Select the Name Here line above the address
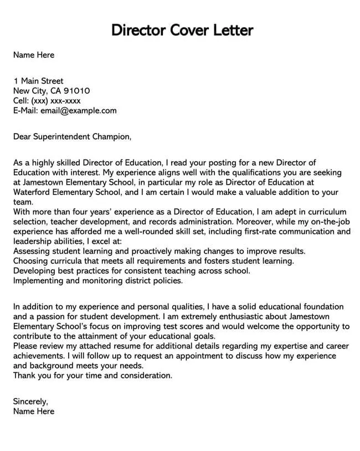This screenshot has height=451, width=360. tap(33, 55)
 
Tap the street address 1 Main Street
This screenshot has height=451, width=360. tap(38, 81)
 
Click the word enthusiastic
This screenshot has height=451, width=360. tap(204, 316)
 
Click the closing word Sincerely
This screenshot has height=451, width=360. tap(29, 401)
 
